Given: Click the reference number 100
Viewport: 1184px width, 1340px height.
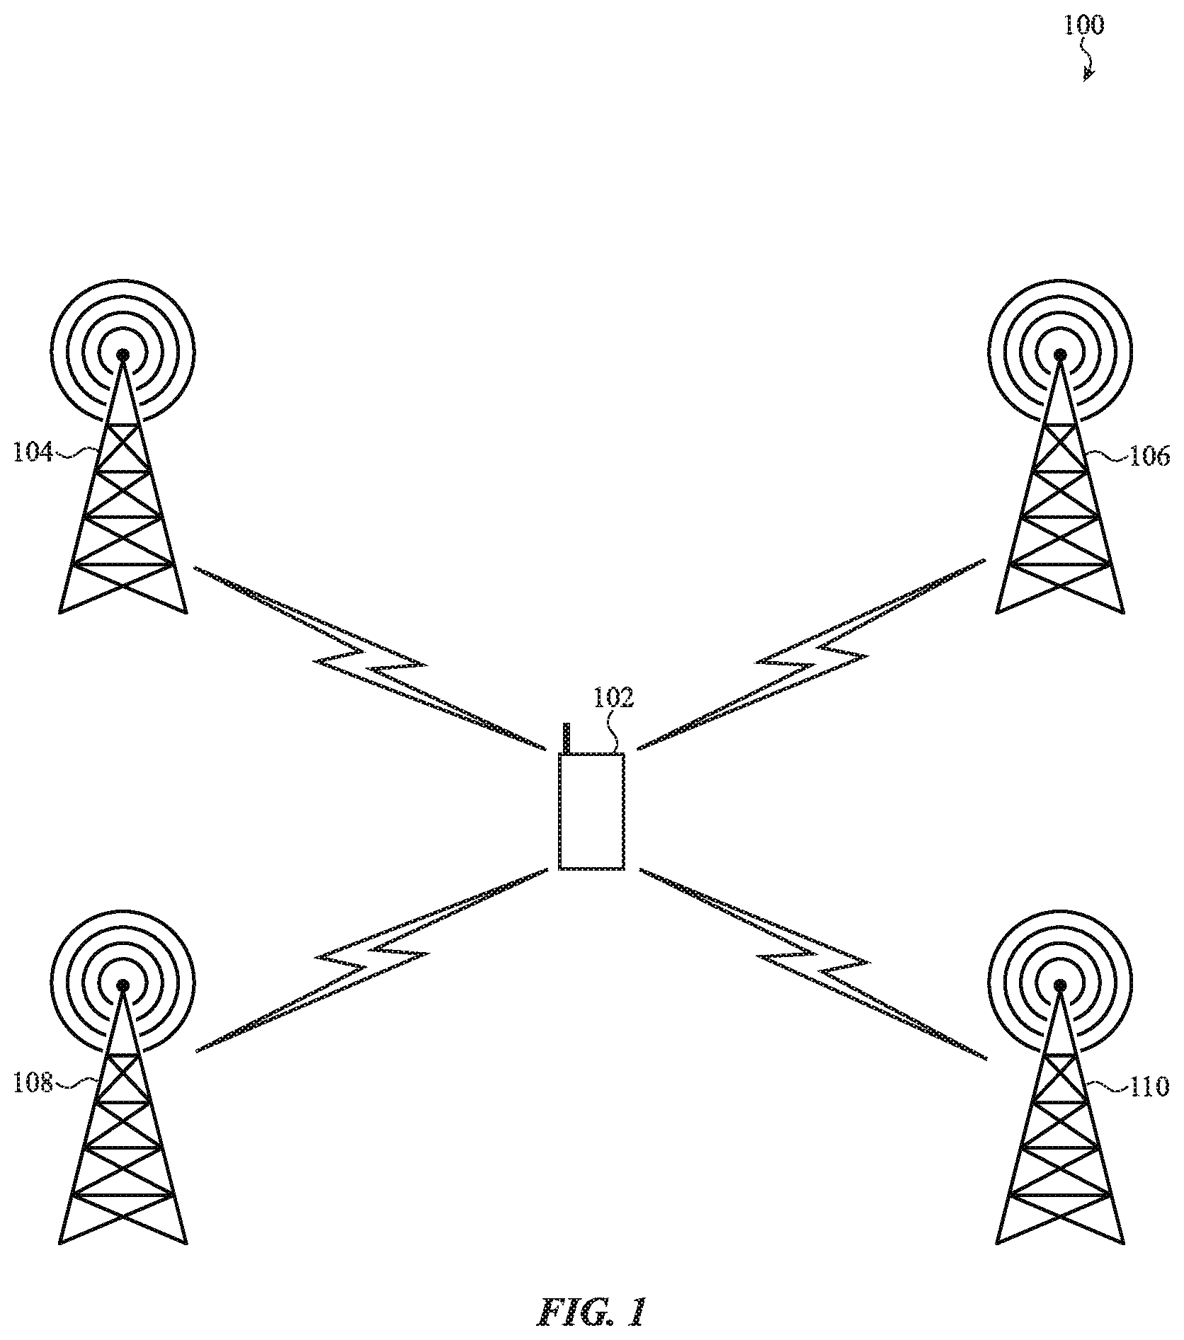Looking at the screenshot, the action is pyautogui.click(x=1083, y=26).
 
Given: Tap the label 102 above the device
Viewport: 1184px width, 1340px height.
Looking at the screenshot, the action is pyautogui.click(x=613, y=698).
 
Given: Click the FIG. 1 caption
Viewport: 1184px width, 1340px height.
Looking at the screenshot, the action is pyautogui.click(x=591, y=1312).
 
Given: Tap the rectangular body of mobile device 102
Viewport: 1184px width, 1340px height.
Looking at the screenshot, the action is pyautogui.click(x=592, y=811).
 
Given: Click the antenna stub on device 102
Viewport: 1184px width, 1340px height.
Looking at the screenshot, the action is pyautogui.click(x=567, y=739).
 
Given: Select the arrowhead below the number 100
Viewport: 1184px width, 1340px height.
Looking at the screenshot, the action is pyautogui.click(x=1088, y=74).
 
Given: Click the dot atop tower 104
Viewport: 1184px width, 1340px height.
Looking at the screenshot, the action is pyautogui.click(x=123, y=353).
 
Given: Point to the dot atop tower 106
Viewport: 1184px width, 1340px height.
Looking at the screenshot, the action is pyautogui.click(x=1060, y=353).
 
